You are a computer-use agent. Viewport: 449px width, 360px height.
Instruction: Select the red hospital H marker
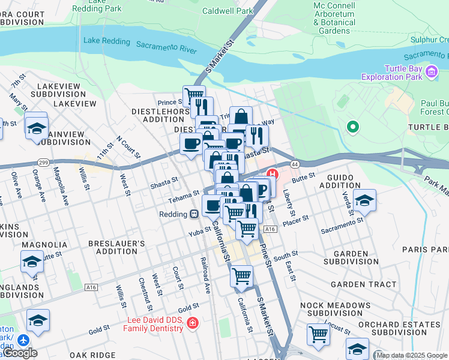pos(272,175)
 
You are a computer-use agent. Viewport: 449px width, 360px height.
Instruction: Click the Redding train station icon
pos(194,214)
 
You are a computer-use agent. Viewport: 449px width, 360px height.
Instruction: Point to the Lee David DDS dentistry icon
pos(193,323)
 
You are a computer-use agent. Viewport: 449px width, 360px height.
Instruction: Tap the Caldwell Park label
pos(228,11)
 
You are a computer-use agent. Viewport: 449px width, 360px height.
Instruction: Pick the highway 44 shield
pos(294,163)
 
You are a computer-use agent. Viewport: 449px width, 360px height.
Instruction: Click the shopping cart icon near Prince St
pos(194,95)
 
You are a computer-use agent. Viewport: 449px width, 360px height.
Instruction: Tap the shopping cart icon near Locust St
pos(318,334)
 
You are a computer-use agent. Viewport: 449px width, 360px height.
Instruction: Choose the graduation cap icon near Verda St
pos(364,200)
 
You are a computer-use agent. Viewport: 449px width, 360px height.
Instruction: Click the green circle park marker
pos(353,127)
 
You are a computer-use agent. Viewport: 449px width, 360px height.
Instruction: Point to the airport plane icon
pos(23,340)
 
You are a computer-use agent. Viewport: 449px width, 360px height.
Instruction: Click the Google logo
pos(20,353)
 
